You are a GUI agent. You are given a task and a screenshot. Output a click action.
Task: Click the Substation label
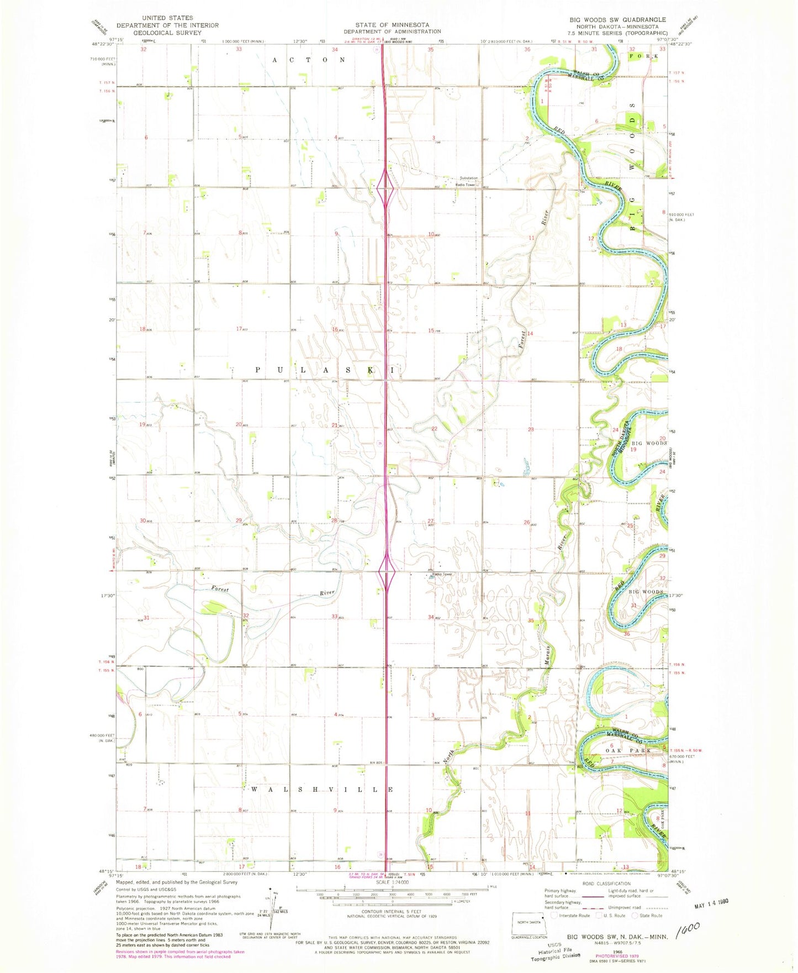click(468, 178)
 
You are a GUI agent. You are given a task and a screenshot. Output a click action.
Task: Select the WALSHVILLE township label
click(322, 790)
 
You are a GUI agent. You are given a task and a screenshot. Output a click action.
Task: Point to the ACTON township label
click(309, 59)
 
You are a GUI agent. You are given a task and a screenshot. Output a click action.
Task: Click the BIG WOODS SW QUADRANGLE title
click(617, 19)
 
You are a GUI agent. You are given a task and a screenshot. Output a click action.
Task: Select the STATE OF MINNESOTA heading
click(392, 24)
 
